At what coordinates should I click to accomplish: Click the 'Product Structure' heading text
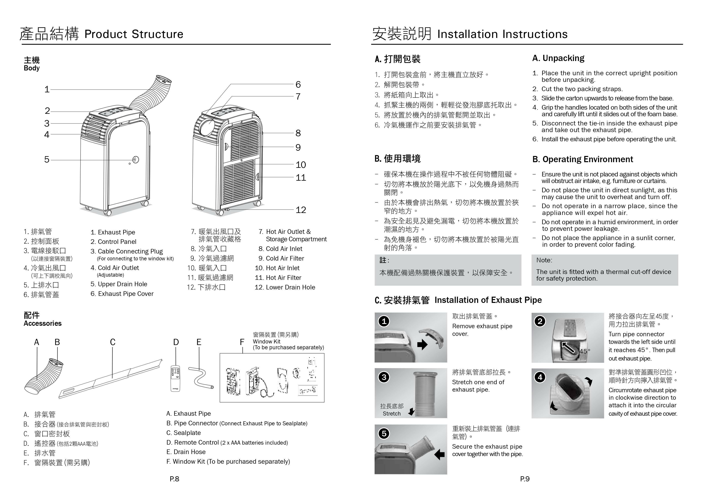point(134,34)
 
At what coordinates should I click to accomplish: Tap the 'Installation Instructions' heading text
point(502,34)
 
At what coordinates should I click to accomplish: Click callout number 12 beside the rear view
point(301,210)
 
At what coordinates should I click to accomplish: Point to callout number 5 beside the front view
point(47,159)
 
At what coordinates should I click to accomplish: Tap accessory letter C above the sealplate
point(113,342)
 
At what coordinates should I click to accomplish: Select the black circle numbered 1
point(384,321)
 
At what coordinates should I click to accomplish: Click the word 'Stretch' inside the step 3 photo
point(392,414)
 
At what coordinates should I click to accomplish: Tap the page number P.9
point(525,479)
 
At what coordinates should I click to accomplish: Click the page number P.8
point(174,479)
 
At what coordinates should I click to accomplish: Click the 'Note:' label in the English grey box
point(544,260)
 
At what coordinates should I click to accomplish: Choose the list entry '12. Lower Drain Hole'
point(285,287)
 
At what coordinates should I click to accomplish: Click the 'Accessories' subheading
point(42,324)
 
